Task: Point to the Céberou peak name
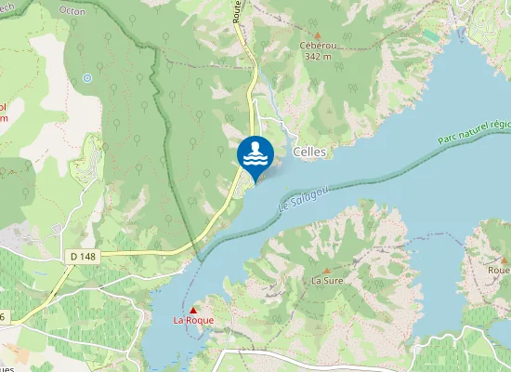point(317,45)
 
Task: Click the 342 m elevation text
point(317,55)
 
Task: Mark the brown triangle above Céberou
point(317,34)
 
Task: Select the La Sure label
point(326,279)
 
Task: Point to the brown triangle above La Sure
point(326,269)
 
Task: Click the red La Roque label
point(193,320)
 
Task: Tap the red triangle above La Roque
point(193,310)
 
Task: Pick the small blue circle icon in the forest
point(87,78)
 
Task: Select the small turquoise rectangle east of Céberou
point(430,34)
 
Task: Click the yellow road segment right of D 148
point(149,252)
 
